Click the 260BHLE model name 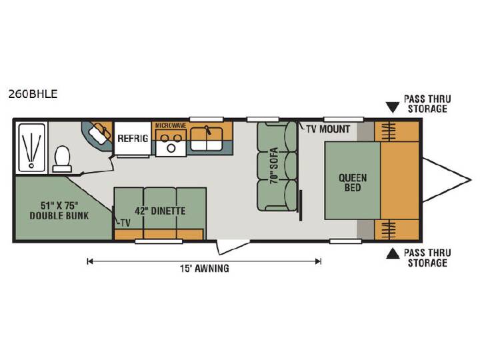pyautogui.click(x=33, y=94)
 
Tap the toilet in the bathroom pyautogui.click(x=62, y=159)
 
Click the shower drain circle pyautogui.click(x=31, y=165)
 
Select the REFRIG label pyautogui.click(x=133, y=139)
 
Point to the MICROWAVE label pyautogui.click(x=171, y=125)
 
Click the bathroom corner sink pyautogui.click(x=100, y=135)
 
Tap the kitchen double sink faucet pyautogui.click(x=209, y=130)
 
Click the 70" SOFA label pyautogui.click(x=274, y=165)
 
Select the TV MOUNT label pyautogui.click(x=328, y=129)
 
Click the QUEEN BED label pyautogui.click(x=353, y=183)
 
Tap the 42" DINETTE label pyautogui.click(x=160, y=211)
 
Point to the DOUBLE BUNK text pyautogui.click(x=59, y=215)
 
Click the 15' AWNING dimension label pyautogui.click(x=205, y=269)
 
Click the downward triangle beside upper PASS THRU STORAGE pyautogui.click(x=393, y=108)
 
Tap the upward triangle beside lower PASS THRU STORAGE pyautogui.click(x=393, y=253)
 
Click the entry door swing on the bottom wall pyautogui.click(x=233, y=247)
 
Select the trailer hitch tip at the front pyautogui.click(x=471, y=180)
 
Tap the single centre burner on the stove pyautogui.click(x=171, y=149)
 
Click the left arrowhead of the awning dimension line pyautogui.click(x=90, y=261)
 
